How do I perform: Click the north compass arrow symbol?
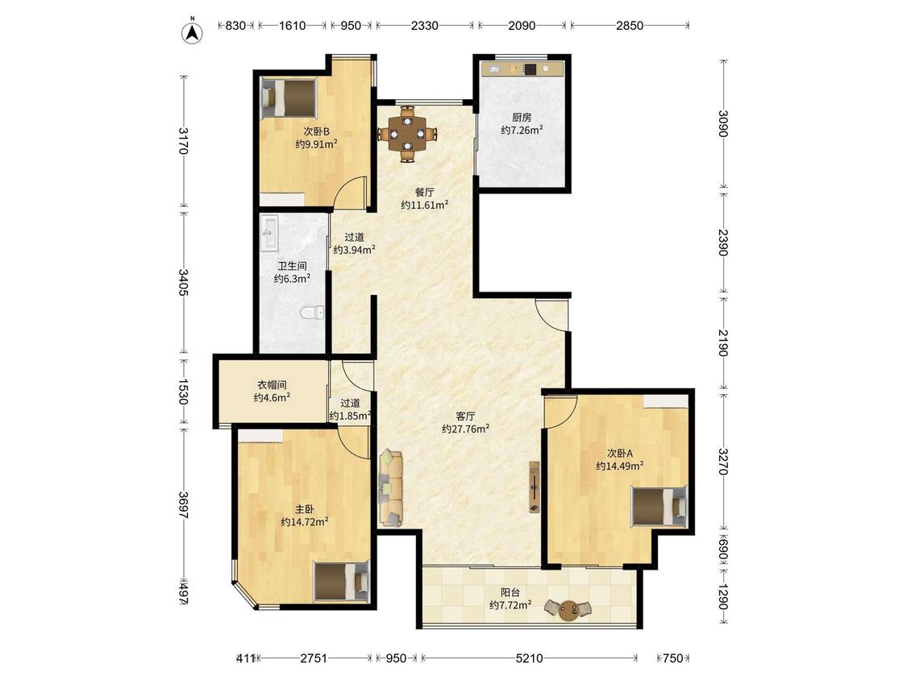tap(193, 33)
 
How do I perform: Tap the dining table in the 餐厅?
tap(408, 134)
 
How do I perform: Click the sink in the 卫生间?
tap(269, 233)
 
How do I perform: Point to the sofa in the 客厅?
tap(391, 488)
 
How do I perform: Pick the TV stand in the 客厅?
tap(534, 487)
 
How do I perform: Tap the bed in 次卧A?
tap(659, 507)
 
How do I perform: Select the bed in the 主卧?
tap(341, 581)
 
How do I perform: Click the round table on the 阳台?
tap(567, 609)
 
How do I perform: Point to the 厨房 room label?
tap(522, 118)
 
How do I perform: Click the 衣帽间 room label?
tap(272, 384)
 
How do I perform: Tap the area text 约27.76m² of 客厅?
tap(466, 429)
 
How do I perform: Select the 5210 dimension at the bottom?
tap(529, 658)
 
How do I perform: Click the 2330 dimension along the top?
tap(425, 26)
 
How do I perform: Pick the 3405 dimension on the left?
tap(183, 282)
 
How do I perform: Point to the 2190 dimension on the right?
tap(723, 343)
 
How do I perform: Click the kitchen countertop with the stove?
tap(522, 68)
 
